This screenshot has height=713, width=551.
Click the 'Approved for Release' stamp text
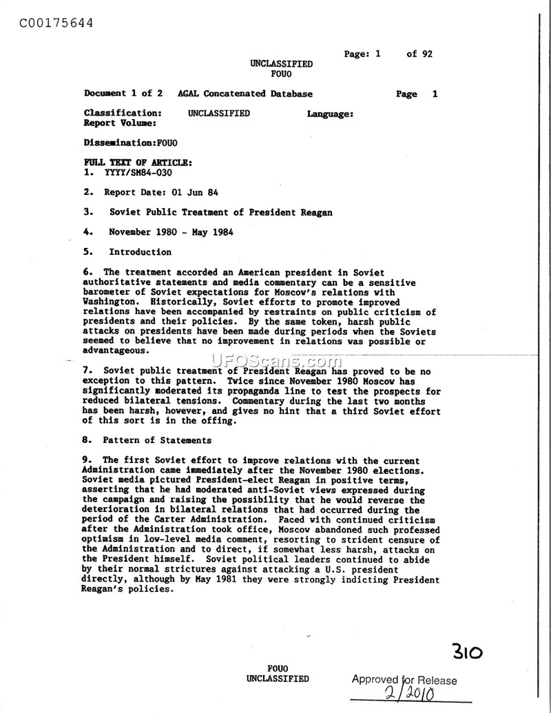[x=404, y=680]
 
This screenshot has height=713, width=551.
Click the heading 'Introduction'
[x=140, y=252]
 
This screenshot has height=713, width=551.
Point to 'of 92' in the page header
[x=419, y=54]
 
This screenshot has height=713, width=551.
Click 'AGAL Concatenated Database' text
[x=245, y=94]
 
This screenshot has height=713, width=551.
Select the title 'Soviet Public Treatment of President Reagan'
[x=220, y=212]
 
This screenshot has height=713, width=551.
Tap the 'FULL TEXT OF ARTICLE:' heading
[x=138, y=163]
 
